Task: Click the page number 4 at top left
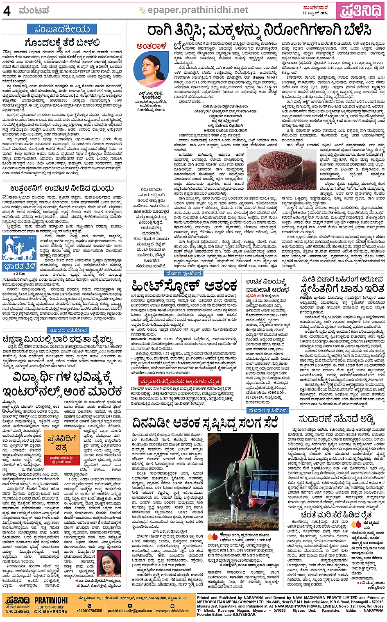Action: click(7, 11)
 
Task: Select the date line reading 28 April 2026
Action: click(315, 13)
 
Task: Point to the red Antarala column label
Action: click(151, 46)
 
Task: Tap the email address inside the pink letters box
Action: click(61, 460)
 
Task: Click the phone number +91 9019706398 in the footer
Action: click(89, 611)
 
